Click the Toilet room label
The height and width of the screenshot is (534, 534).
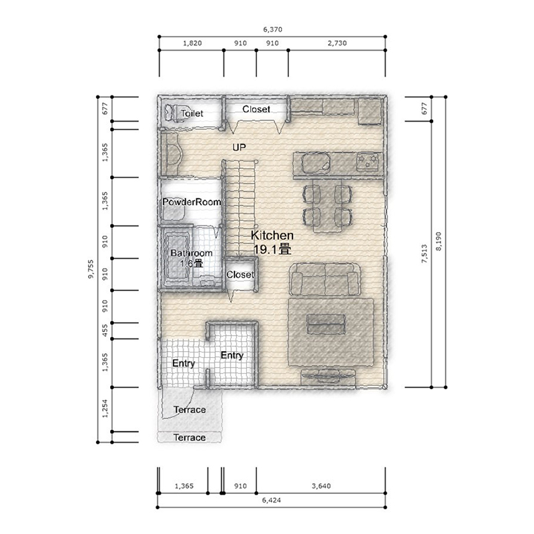[x=192, y=113]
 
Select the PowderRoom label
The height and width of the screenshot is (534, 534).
[x=192, y=202]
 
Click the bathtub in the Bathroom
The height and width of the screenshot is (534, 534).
[x=176, y=257]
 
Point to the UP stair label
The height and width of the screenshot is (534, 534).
[x=239, y=148]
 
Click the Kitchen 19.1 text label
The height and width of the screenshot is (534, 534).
[x=272, y=242]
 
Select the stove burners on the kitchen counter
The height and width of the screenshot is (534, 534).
[x=368, y=161]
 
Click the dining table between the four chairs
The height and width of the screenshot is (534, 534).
[x=327, y=206]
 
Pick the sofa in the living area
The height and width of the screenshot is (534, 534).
[x=325, y=279]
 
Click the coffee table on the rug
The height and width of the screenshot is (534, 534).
[x=326, y=324]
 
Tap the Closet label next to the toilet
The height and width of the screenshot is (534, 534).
[x=256, y=109]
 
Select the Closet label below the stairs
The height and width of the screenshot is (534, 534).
[x=240, y=274]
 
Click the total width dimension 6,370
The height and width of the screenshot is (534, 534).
[x=272, y=29]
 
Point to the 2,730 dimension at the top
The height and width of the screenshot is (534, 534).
[x=337, y=43]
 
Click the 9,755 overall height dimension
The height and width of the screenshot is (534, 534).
[x=91, y=270]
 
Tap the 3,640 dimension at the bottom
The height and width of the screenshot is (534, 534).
[x=321, y=486]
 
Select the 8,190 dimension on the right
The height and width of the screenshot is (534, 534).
[x=439, y=242]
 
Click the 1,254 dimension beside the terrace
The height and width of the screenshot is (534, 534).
[x=105, y=409]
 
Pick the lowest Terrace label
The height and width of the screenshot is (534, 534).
[x=190, y=438]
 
